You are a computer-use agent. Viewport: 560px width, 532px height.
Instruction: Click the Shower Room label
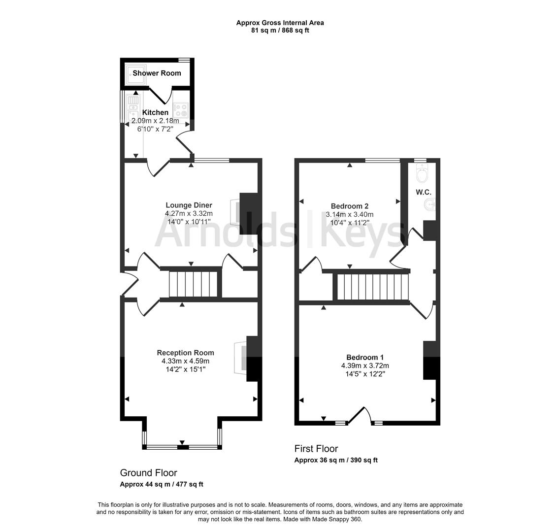(157, 73)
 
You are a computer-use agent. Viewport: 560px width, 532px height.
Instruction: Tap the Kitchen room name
(155, 112)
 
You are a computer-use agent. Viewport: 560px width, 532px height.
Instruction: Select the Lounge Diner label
(189, 205)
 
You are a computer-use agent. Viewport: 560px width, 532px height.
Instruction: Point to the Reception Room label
(185, 352)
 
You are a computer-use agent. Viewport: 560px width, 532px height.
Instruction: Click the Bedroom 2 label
(349, 206)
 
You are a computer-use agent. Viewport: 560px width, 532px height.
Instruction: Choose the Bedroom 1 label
(365, 357)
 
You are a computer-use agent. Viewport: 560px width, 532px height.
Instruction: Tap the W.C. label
(423, 192)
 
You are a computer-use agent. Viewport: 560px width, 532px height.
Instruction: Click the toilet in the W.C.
(422, 174)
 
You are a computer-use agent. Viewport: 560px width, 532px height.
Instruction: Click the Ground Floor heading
(148, 473)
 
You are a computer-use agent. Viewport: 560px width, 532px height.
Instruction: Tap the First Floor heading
(316, 449)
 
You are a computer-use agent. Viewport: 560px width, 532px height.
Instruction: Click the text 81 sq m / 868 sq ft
(280, 30)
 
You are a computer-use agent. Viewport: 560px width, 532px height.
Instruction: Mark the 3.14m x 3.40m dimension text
(349, 214)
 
